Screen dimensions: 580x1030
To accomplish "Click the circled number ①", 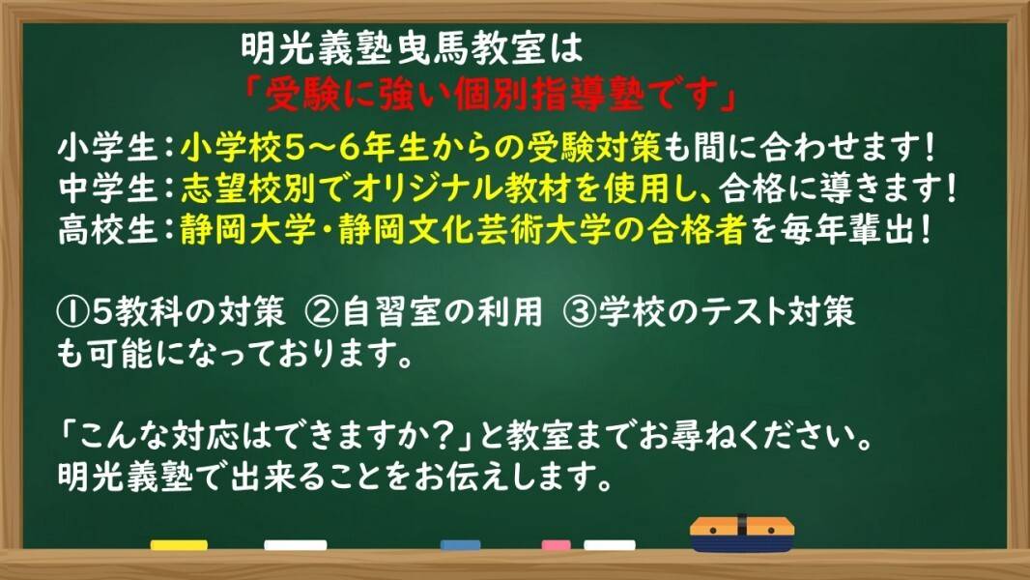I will pyautogui.click(x=71, y=312).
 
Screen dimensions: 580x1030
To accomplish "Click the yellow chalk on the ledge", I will pyautogui.click(x=179, y=545).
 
